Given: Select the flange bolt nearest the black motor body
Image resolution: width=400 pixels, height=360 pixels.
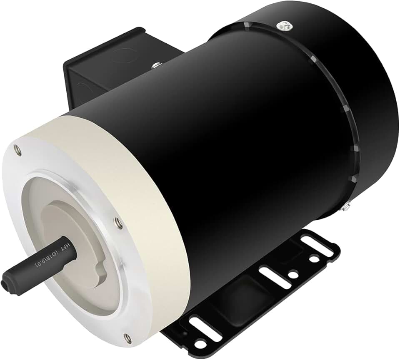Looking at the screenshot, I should (x=118, y=223).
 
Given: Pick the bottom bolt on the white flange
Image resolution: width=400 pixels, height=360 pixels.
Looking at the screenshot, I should (x=128, y=338).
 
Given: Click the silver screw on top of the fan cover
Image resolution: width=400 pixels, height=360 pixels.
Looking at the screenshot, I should (x=285, y=25).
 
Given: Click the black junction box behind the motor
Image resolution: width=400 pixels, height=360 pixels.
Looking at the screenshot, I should (x=104, y=62).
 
